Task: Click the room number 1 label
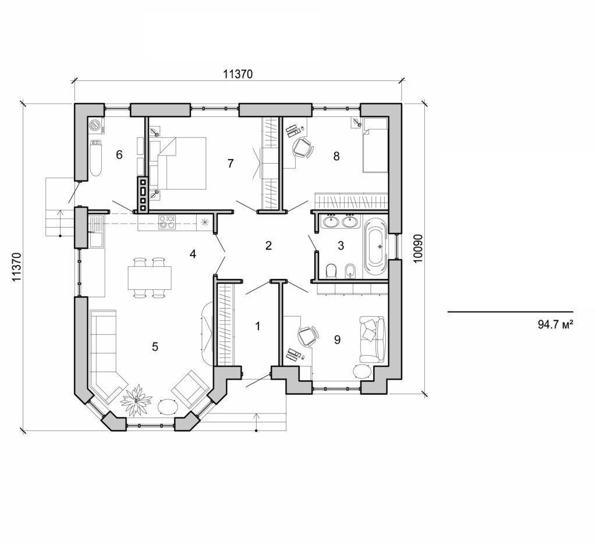258,326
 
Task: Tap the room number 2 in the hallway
268,246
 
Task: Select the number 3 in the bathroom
341,246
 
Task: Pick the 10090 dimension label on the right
417,249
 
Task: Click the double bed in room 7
178,164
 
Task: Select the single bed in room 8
375,145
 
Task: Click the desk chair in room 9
307,335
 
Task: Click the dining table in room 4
150,278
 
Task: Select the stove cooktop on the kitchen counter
168,221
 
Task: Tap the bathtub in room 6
96,158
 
